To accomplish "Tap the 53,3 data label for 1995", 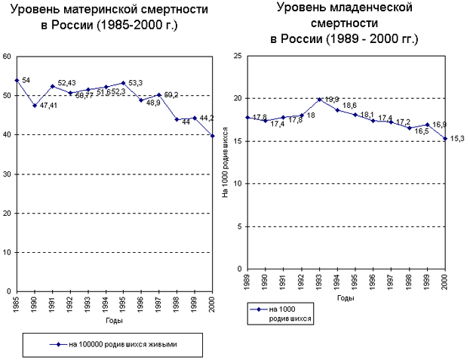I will point(136,82).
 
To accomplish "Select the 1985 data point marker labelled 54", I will point(17,80).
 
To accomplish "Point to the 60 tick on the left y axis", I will point(7,57).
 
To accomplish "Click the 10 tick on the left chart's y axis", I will point(7,252).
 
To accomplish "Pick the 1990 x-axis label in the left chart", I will point(35,305).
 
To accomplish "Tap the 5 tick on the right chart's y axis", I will point(238,226).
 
